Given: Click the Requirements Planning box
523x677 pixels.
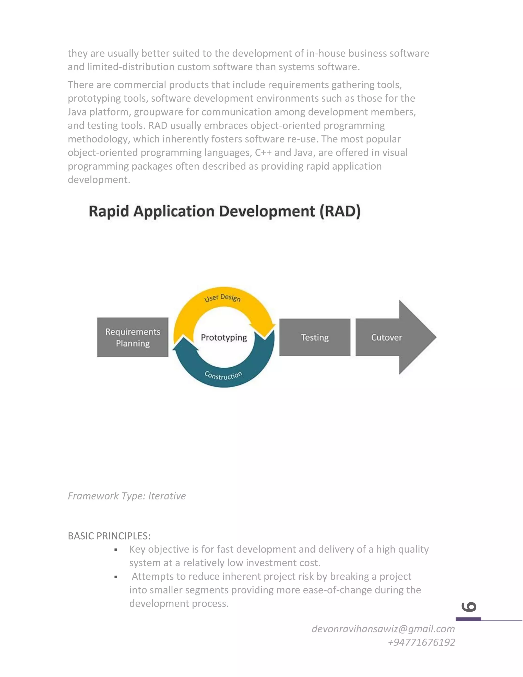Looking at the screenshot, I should tap(133, 337).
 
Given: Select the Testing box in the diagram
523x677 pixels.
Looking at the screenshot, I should tap(315, 337).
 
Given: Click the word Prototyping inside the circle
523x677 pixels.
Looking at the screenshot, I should tap(224, 337).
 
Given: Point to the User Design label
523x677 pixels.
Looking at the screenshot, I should tap(222, 298).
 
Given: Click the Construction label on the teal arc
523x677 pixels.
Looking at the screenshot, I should tap(223, 375).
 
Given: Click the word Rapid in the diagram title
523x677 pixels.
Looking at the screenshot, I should tap(109, 212).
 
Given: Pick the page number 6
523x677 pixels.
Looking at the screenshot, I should tap(468, 607).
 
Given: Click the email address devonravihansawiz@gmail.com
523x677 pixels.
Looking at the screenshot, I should tap(383, 629).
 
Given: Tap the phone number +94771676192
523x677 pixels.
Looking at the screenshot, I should tap(421, 642).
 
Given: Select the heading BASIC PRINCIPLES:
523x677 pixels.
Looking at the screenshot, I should tap(109, 536).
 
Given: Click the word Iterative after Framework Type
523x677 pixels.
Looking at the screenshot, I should tap(167, 496).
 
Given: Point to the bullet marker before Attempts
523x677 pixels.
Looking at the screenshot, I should tap(116, 577).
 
